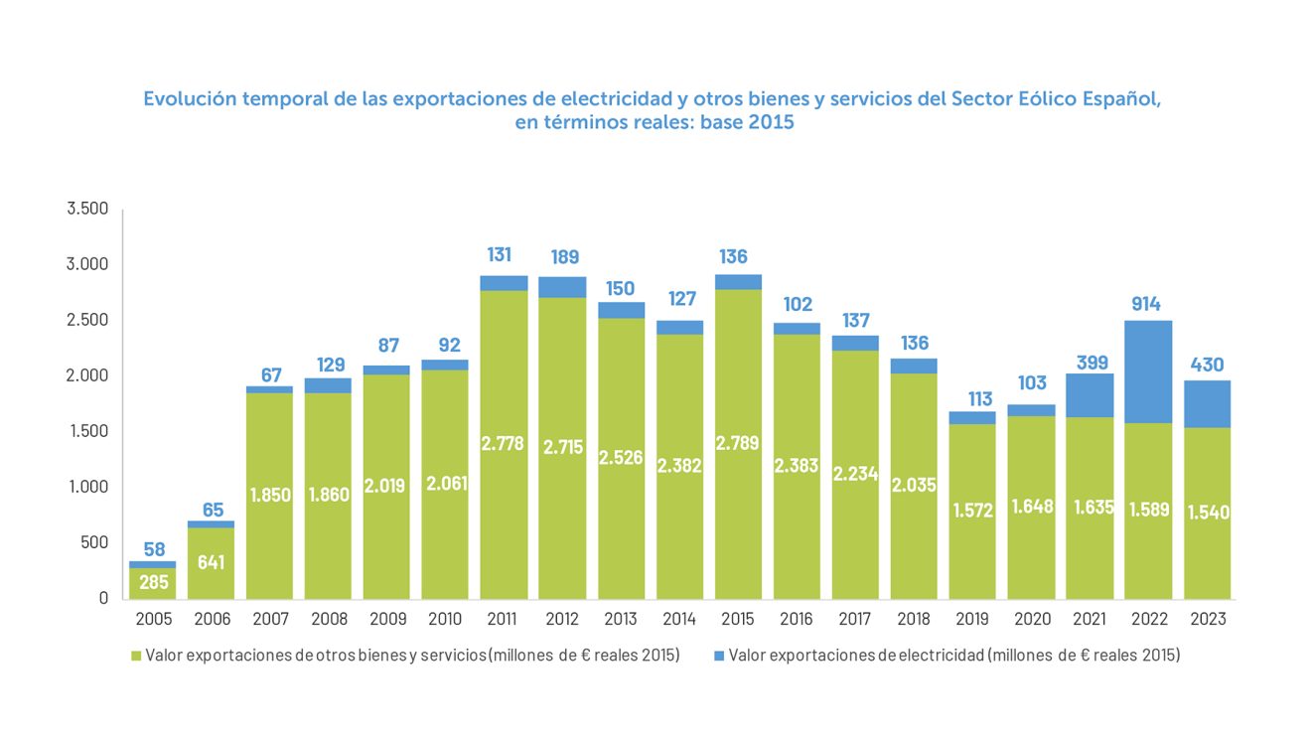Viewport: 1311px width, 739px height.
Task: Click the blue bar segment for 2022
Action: pos(1148,371)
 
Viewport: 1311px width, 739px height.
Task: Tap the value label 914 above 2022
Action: pos(1148,304)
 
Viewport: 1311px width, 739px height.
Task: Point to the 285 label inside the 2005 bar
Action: pos(153,582)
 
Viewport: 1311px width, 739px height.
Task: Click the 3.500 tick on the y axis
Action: pos(87,210)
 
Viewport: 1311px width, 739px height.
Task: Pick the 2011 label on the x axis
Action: pos(504,619)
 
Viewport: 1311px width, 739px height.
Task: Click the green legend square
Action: pos(136,656)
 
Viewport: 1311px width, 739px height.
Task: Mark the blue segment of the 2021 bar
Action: pos(1090,395)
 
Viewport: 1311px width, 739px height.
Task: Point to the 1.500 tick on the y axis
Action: pos(87,432)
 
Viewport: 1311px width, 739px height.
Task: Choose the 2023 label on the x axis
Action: pos(1207,619)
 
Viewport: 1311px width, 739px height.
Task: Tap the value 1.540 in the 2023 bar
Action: pos(1209,513)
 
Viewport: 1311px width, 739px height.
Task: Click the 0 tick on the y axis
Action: pos(102,598)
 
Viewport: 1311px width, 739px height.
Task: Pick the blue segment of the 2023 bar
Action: pos(1207,404)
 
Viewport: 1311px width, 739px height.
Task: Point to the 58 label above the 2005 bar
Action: pos(153,549)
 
